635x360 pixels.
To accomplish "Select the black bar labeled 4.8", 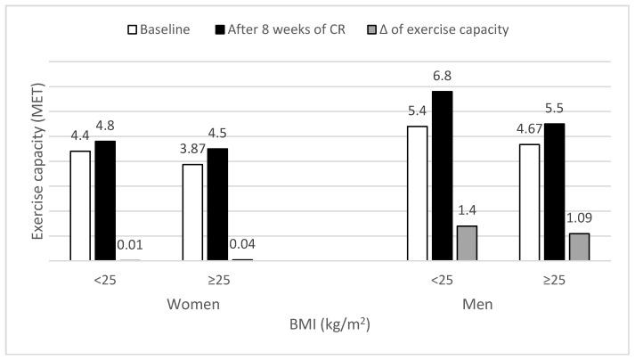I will (x=105, y=200).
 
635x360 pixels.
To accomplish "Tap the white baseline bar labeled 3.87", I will (x=192, y=212).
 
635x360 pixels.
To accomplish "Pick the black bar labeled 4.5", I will (x=217, y=204).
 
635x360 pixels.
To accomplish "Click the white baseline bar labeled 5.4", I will (x=417, y=193).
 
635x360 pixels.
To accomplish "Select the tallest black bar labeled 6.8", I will (x=442, y=176).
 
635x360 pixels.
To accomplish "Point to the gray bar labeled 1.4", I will (x=467, y=243).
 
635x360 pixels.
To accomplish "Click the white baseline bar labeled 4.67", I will (x=529, y=202).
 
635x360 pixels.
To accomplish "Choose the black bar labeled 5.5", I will (x=554, y=192).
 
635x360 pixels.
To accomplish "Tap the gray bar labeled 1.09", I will (x=579, y=247).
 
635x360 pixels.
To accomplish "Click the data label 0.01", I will (x=130, y=245).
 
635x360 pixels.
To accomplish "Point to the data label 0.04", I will (x=242, y=243).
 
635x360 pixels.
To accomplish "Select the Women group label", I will (x=193, y=304).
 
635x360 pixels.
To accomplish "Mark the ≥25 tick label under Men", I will (x=554, y=280).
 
